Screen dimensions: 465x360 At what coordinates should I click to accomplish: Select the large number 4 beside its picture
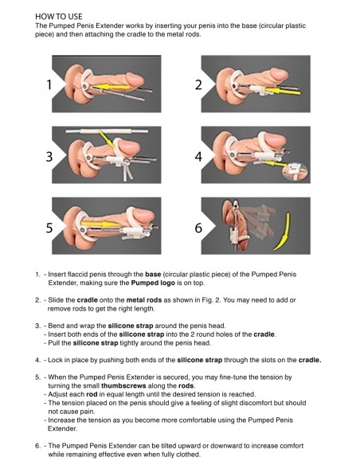pyautogui.click(x=198, y=157)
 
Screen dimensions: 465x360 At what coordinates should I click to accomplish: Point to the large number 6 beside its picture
pyautogui.click(x=198, y=228)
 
